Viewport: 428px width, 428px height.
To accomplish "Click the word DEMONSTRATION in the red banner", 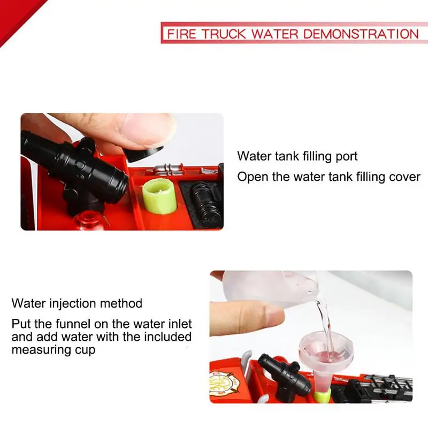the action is [x=361, y=34].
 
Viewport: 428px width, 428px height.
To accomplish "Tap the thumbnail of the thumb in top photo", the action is [x=148, y=129].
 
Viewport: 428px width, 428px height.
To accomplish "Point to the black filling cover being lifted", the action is [x=144, y=153].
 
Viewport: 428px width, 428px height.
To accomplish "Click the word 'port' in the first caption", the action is [x=346, y=157].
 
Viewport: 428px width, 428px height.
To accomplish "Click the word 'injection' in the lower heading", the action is [x=73, y=303].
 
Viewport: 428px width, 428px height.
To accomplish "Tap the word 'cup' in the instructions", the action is [x=85, y=350].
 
